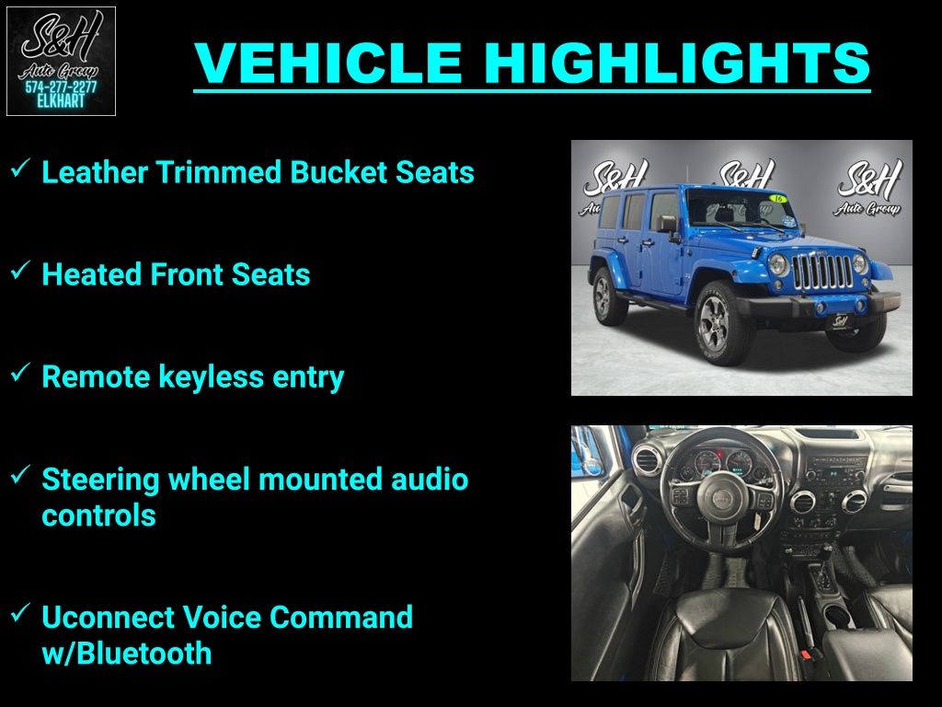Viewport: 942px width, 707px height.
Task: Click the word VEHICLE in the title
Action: click(x=328, y=63)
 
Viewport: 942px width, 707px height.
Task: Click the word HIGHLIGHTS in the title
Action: click(x=677, y=63)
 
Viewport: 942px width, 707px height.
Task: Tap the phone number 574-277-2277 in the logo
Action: click(x=61, y=87)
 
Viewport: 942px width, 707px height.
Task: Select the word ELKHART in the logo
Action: click(x=61, y=101)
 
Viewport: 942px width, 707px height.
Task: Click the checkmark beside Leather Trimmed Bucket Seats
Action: click(x=20, y=168)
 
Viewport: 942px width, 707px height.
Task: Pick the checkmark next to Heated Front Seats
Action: click(x=20, y=271)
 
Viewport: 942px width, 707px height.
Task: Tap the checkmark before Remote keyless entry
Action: click(x=20, y=373)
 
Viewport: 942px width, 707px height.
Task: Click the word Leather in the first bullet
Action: click(x=95, y=172)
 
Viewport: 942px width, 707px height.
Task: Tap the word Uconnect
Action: click(x=108, y=618)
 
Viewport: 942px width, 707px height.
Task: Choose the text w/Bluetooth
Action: click(x=127, y=654)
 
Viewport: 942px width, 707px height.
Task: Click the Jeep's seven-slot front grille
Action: click(x=822, y=272)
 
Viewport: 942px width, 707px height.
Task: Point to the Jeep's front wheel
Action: click(x=719, y=323)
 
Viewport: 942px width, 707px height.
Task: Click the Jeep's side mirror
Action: click(x=668, y=225)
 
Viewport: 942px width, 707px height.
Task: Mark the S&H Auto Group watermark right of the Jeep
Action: click(x=868, y=187)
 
